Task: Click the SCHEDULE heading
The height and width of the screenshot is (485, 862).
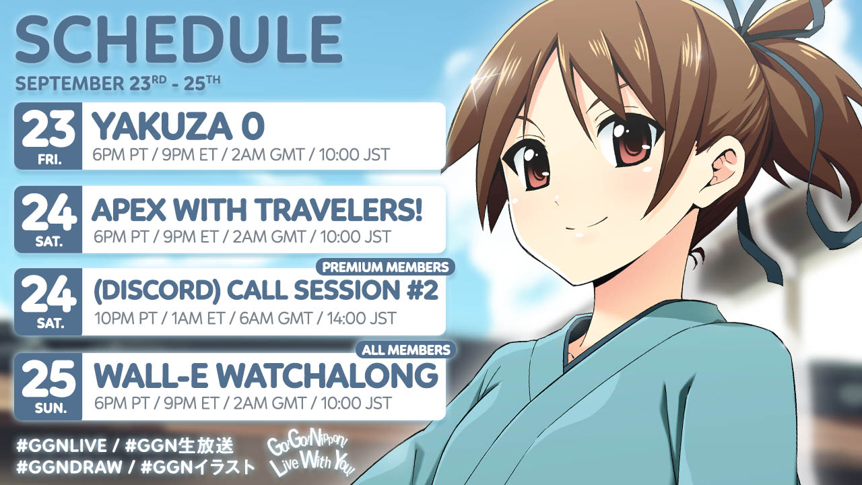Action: (x=179, y=40)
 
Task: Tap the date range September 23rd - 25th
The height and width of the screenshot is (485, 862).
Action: (x=118, y=84)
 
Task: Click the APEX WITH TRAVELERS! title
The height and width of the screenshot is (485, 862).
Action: (x=257, y=210)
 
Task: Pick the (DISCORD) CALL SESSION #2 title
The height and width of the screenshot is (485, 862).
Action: (x=266, y=291)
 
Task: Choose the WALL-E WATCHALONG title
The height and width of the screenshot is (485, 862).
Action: (x=266, y=376)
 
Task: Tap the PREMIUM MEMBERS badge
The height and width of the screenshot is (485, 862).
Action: (x=385, y=267)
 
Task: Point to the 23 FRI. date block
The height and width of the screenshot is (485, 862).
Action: (x=48, y=136)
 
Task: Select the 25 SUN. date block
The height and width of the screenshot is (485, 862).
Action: (x=48, y=387)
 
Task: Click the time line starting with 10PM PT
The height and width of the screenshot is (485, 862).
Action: (x=245, y=319)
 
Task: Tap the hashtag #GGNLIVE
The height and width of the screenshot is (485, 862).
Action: (x=61, y=446)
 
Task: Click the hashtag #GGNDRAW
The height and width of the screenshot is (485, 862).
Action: (x=69, y=467)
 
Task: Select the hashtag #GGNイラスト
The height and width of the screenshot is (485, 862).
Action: (x=198, y=467)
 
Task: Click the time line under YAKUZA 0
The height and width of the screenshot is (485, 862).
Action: (x=241, y=154)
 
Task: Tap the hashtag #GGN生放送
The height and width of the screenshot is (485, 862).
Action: (x=179, y=446)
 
